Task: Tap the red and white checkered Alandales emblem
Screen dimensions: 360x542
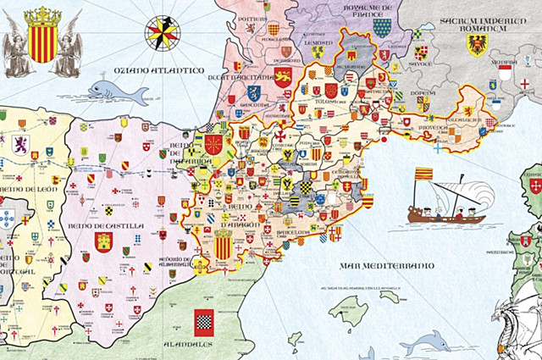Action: (x=203, y=322)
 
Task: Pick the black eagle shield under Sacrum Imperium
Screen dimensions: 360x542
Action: (x=477, y=44)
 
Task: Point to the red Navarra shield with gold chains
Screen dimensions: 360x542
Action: (x=213, y=145)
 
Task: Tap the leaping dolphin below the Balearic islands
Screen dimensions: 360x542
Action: (x=423, y=344)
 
